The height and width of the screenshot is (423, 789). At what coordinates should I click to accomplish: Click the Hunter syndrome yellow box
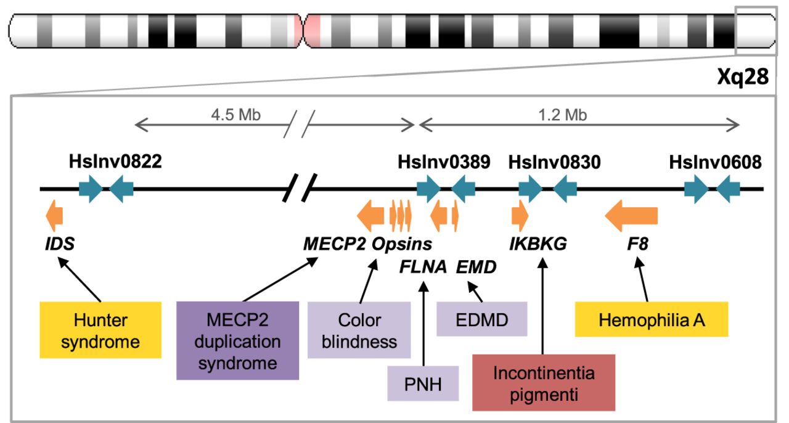[100, 330]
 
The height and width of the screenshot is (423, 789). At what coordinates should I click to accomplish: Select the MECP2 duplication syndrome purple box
[237, 340]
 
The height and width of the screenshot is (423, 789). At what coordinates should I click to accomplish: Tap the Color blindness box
[359, 330]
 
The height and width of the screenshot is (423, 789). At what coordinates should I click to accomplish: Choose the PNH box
[423, 384]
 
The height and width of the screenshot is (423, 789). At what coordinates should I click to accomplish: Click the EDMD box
[482, 319]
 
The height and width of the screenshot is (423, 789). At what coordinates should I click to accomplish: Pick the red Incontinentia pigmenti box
[544, 382]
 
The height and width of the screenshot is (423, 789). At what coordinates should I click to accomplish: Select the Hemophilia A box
[651, 319]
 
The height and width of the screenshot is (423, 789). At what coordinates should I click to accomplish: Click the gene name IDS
[60, 244]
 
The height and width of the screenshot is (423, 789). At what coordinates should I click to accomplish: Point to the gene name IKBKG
[538, 244]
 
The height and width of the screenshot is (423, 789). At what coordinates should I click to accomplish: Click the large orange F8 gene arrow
[631, 216]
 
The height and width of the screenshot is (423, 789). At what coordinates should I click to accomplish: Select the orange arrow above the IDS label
[55, 213]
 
